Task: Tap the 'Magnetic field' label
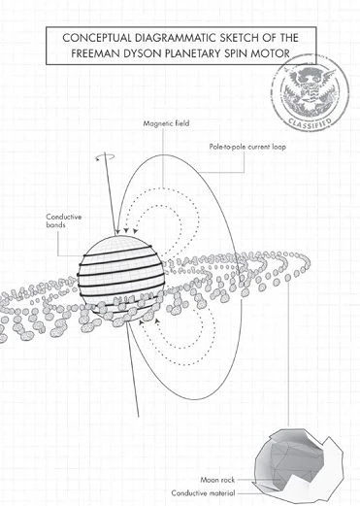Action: pyautogui.click(x=165, y=124)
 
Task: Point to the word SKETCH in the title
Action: pyautogui.click(x=229, y=37)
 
